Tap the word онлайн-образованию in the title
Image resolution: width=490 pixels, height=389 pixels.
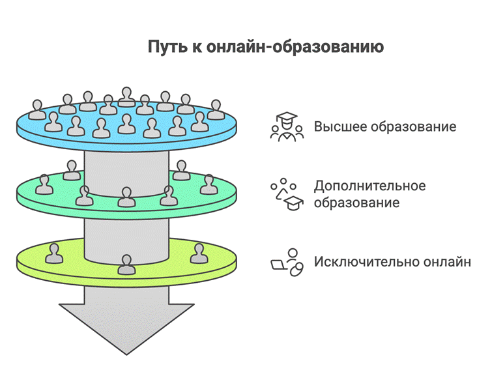click(295, 47)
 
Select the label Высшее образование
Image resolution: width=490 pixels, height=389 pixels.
click(385, 127)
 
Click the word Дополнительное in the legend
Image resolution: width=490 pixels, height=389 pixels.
click(369, 186)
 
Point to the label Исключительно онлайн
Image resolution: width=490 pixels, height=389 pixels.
click(392, 262)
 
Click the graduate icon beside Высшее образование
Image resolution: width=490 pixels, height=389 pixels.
click(287, 127)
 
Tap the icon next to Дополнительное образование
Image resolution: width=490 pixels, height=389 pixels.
click(287, 194)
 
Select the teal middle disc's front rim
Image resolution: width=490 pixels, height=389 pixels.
click(126, 215)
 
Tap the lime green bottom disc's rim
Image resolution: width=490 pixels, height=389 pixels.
click(126, 282)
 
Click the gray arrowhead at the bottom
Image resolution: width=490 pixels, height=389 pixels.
click(126, 328)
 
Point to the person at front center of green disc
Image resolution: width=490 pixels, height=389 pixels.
click(126, 265)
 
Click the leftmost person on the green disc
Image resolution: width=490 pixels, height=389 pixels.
click(54, 253)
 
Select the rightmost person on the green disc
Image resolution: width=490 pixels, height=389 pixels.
click(199, 253)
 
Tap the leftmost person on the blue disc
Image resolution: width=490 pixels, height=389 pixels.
click(37, 109)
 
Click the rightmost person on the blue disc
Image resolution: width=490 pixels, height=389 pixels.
click(216, 109)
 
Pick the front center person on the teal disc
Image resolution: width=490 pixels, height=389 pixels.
click(126, 197)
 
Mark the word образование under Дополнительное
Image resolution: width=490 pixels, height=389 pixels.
click(356, 203)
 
